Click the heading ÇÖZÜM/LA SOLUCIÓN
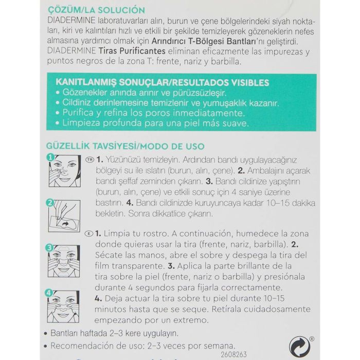(95, 10)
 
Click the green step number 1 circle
(50, 157)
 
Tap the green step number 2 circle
(50, 203)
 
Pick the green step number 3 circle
(50, 247)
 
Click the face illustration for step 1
(64, 170)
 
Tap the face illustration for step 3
(64, 261)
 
